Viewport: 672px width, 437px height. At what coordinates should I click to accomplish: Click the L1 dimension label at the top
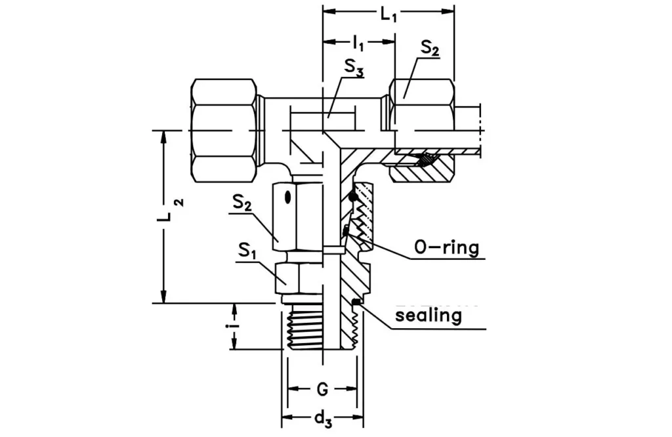point(388,13)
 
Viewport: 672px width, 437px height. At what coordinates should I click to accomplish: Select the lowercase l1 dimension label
point(358,44)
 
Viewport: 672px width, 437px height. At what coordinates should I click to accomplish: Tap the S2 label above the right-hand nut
point(430,47)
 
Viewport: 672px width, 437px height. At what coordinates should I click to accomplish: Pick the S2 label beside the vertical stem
point(243,203)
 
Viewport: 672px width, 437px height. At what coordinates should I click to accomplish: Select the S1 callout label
point(247,250)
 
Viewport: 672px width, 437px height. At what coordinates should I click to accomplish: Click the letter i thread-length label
point(234,325)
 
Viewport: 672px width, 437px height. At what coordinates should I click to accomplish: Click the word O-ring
point(446,248)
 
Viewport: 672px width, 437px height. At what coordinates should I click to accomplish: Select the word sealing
point(428,316)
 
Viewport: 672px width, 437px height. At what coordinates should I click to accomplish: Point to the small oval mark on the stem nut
point(288,196)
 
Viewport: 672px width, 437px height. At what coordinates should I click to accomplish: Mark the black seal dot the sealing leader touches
point(355,302)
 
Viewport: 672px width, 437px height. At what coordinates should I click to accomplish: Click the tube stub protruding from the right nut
point(469,131)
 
